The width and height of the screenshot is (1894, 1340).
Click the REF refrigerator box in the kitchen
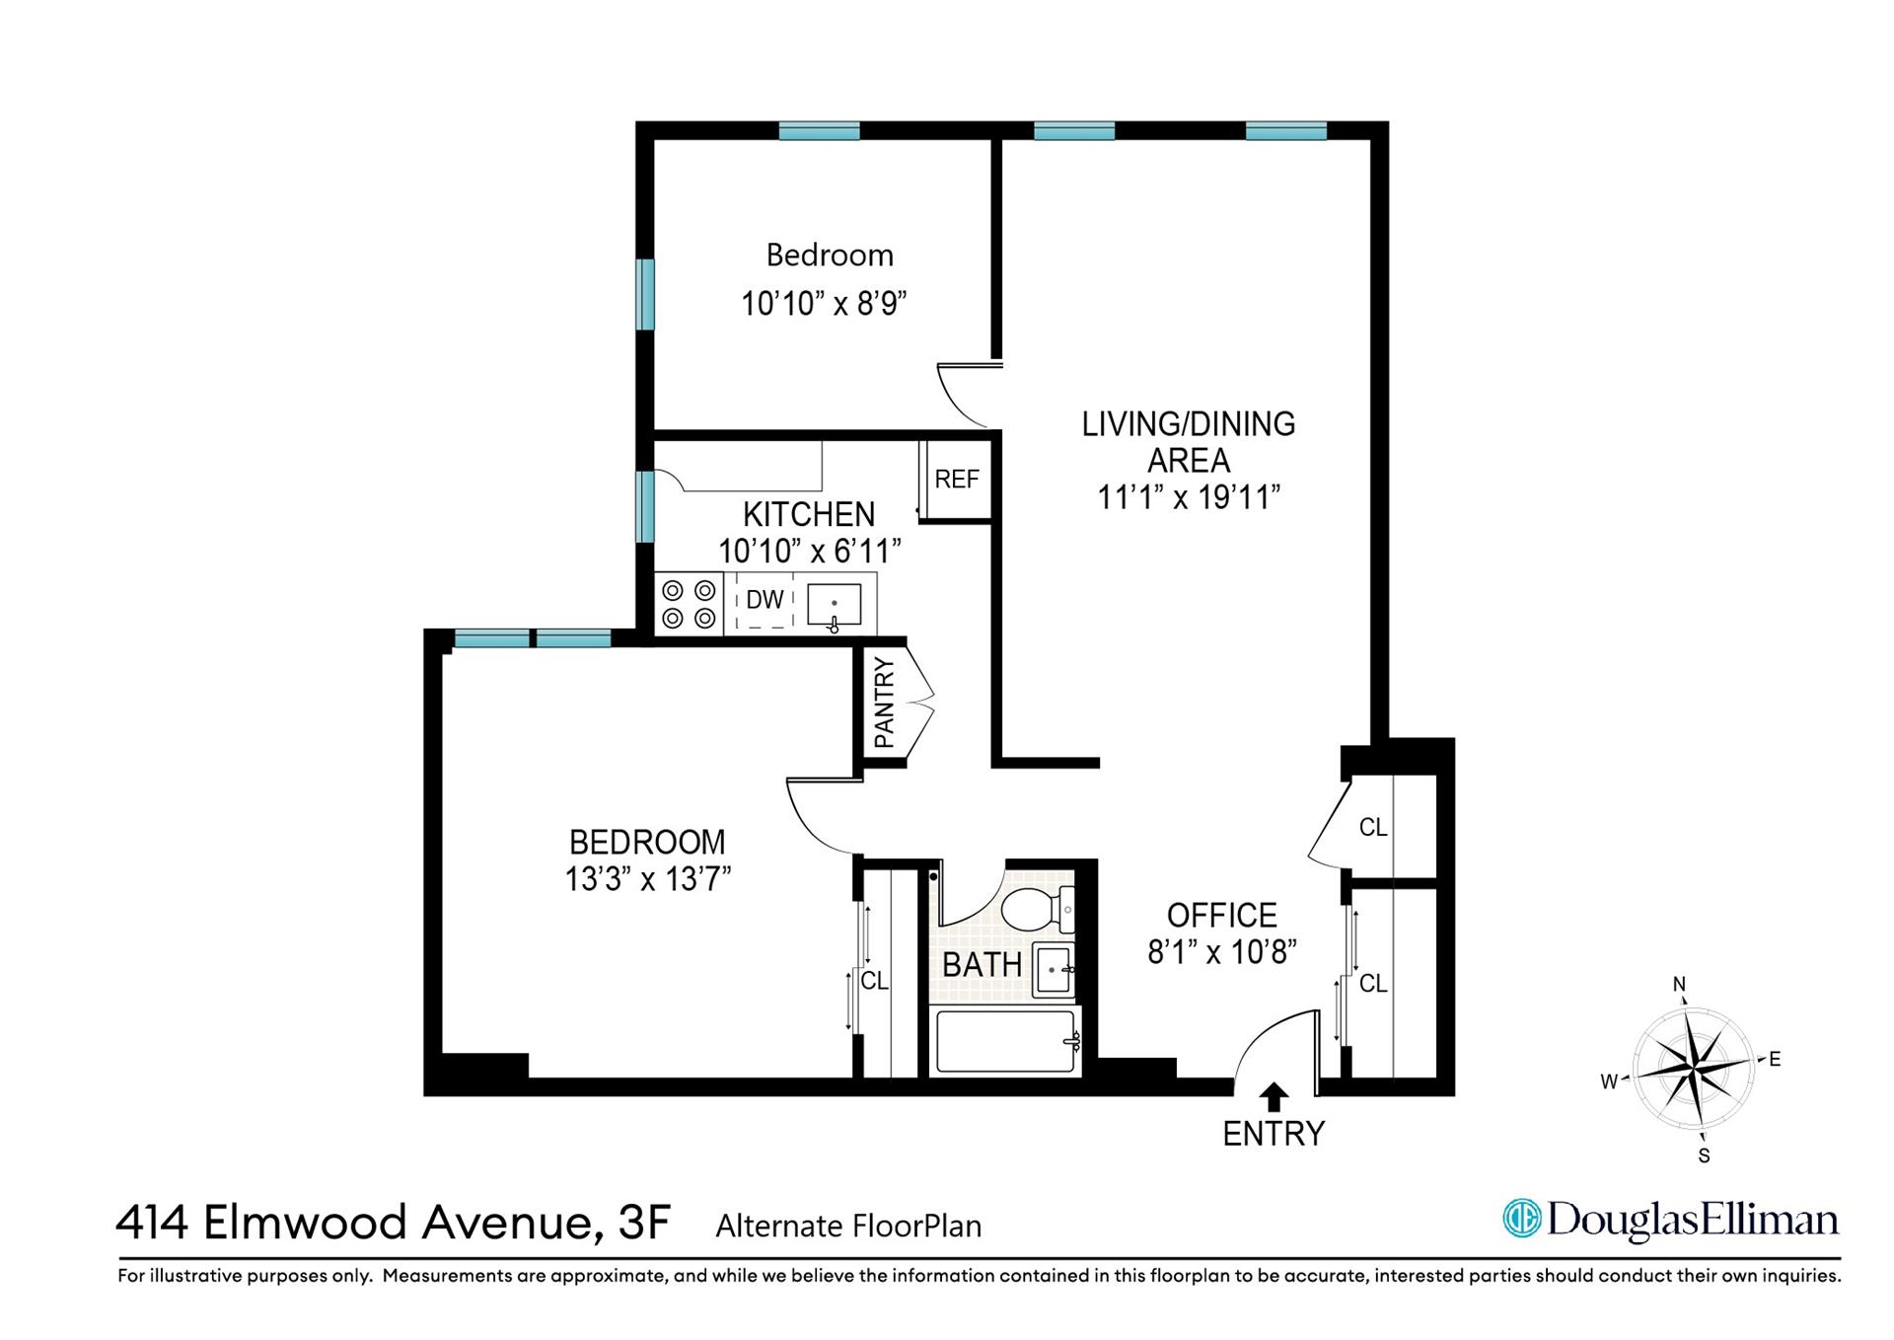tap(956, 480)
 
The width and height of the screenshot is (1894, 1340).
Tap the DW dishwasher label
tap(765, 599)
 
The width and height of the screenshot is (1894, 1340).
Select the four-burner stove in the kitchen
tap(689, 604)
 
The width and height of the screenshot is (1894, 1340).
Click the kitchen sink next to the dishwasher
tap(835, 604)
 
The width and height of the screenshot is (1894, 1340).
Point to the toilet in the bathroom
tap(1036, 909)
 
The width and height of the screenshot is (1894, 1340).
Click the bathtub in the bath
tap(1004, 1041)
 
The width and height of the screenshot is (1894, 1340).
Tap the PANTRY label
tap(884, 703)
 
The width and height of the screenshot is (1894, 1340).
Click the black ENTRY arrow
tap(1275, 1097)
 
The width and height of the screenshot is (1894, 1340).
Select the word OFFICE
tap(1221, 915)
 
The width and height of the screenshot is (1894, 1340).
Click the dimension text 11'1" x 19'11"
tap(1189, 497)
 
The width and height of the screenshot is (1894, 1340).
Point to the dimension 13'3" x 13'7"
tap(647, 878)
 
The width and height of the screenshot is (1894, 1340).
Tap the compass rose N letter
tap(1679, 984)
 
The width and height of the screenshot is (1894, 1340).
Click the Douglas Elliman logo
tap(1670, 1220)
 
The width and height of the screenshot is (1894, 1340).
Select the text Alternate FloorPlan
tap(848, 1227)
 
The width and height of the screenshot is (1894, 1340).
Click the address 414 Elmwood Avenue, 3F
tap(393, 1223)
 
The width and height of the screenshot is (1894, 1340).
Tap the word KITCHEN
tap(809, 514)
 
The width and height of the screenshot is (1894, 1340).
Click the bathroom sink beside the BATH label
tap(1053, 969)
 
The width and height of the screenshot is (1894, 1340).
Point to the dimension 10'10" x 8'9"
tap(824, 302)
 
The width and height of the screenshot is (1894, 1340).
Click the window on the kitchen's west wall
tap(645, 507)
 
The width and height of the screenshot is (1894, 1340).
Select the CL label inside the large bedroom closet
tap(874, 981)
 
